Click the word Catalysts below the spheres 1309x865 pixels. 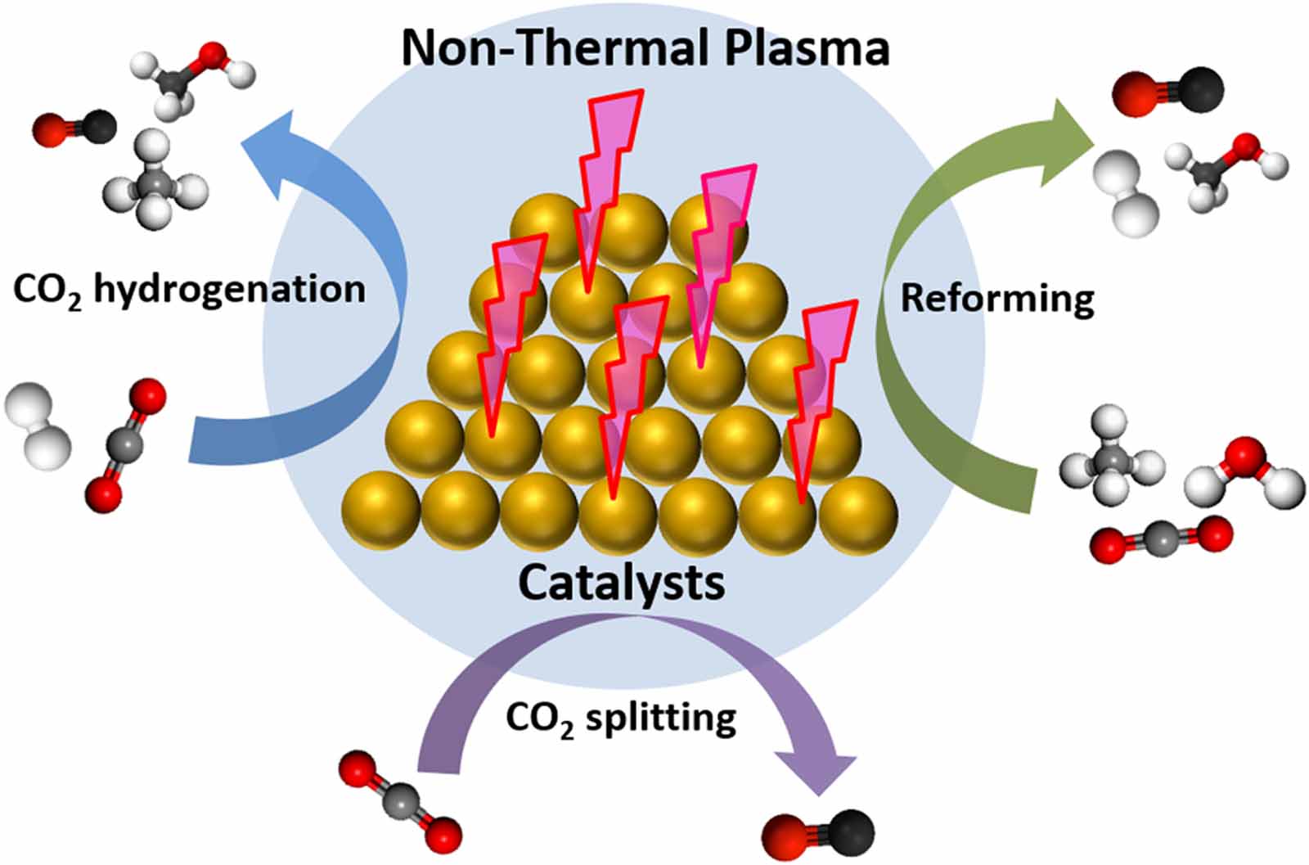click(621, 583)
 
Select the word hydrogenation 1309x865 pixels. click(229, 290)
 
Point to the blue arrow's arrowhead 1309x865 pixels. click(274, 147)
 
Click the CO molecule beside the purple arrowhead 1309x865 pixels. click(818, 833)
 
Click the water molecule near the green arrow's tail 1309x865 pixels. click(1244, 473)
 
